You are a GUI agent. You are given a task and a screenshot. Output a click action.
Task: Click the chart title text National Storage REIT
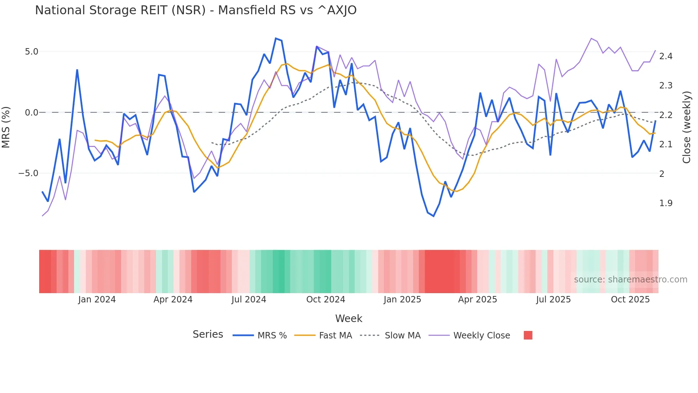(196, 10)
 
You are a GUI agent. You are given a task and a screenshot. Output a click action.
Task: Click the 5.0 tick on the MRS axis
(31, 52)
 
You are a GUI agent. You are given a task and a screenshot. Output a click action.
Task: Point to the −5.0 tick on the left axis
(28, 173)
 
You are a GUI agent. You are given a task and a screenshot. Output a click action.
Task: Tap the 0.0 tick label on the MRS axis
(31, 113)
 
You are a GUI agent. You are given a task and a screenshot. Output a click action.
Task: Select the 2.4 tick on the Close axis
(666, 56)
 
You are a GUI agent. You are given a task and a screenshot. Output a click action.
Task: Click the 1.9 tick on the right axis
(666, 203)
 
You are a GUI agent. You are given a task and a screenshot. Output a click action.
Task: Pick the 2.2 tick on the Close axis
(666, 115)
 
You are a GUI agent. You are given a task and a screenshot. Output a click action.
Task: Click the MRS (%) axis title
(6, 127)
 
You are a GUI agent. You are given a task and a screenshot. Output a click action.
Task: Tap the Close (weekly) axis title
(686, 127)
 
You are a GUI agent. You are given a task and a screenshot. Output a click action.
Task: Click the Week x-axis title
(349, 318)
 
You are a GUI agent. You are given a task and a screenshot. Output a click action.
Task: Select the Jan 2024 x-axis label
(97, 300)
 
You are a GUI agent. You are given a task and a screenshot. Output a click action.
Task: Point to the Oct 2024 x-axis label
(325, 300)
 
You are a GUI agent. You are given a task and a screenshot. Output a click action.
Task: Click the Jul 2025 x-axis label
(553, 300)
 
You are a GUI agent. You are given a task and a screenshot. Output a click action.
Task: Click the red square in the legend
(528, 335)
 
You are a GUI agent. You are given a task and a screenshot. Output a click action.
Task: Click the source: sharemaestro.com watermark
(630, 280)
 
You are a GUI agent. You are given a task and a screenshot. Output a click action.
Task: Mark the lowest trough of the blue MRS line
(433, 216)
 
